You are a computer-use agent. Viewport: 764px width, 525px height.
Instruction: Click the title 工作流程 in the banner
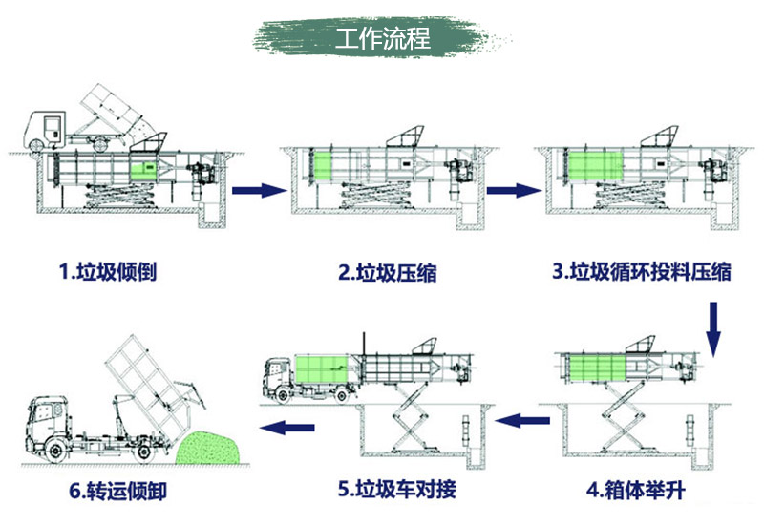pos(382,40)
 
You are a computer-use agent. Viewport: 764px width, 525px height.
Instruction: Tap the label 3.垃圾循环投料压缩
pos(642,272)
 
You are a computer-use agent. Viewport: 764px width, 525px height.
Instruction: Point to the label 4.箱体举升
pos(636,491)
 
